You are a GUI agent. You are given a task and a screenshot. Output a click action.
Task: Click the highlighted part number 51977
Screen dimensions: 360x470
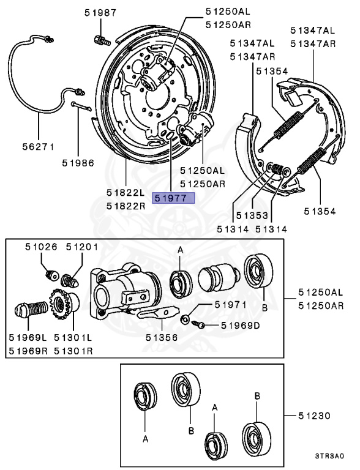173,198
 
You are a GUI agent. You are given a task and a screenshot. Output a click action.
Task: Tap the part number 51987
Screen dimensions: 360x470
100,13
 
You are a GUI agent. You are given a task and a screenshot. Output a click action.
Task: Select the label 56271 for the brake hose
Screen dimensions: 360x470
39,147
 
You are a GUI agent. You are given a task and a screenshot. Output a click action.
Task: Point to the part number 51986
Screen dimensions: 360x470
78,163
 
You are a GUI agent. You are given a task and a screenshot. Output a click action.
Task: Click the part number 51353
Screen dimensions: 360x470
252,215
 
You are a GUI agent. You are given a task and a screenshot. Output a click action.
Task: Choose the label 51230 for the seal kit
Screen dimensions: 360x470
314,416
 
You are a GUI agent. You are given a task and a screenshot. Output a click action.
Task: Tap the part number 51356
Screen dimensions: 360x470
162,338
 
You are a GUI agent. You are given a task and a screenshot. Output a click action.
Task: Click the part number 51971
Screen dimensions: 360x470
230,305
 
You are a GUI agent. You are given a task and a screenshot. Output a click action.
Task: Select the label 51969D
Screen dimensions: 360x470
240,325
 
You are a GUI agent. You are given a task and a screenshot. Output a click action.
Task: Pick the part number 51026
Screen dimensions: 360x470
41,247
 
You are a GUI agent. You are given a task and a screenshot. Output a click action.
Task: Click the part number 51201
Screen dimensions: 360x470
82,247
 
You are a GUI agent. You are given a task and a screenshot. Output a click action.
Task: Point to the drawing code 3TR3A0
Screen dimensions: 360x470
329,456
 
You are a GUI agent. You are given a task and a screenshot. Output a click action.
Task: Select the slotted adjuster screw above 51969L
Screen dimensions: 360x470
31,309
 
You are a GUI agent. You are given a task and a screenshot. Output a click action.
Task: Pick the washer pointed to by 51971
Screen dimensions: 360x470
185,319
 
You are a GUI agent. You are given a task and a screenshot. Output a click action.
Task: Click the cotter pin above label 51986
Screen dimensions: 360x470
81,106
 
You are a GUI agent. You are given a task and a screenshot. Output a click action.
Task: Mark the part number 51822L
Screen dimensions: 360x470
126,192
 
